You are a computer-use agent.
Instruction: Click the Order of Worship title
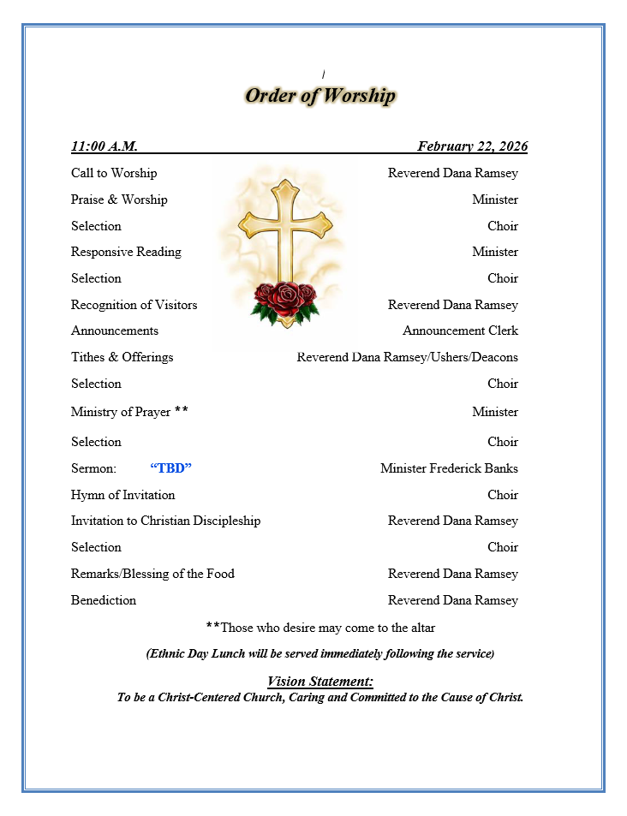[x=319, y=95]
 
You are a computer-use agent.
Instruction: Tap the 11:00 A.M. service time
[x=104, y=146]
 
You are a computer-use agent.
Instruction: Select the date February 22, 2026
[x=472, y=146]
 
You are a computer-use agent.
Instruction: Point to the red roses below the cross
[x=285, y=300]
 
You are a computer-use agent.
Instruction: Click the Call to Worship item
[x=114, y=173]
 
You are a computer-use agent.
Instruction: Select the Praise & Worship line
[x=119, y=200]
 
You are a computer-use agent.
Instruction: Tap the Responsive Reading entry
[x=126, y=252]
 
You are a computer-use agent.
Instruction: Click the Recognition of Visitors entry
[x=134, y=305]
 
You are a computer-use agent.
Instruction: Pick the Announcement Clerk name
[x=460, y=331]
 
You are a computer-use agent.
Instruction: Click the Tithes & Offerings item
[x=122, y=357]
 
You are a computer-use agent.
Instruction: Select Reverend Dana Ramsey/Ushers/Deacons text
[x=407, y=357]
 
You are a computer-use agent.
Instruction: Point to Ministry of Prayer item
[x=121, y=412]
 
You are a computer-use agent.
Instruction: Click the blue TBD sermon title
[x=170, y=468]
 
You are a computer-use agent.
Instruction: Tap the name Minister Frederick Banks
[x=449, y=468]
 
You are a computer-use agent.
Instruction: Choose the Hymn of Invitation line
[x=122, y=495]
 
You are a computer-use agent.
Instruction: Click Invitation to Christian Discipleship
[x=165, y=521]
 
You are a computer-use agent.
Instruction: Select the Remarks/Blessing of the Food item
[x=152, y=574]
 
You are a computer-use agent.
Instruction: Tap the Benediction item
[x=104, y=600]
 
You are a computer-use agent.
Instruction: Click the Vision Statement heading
[x=319, y=682]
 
